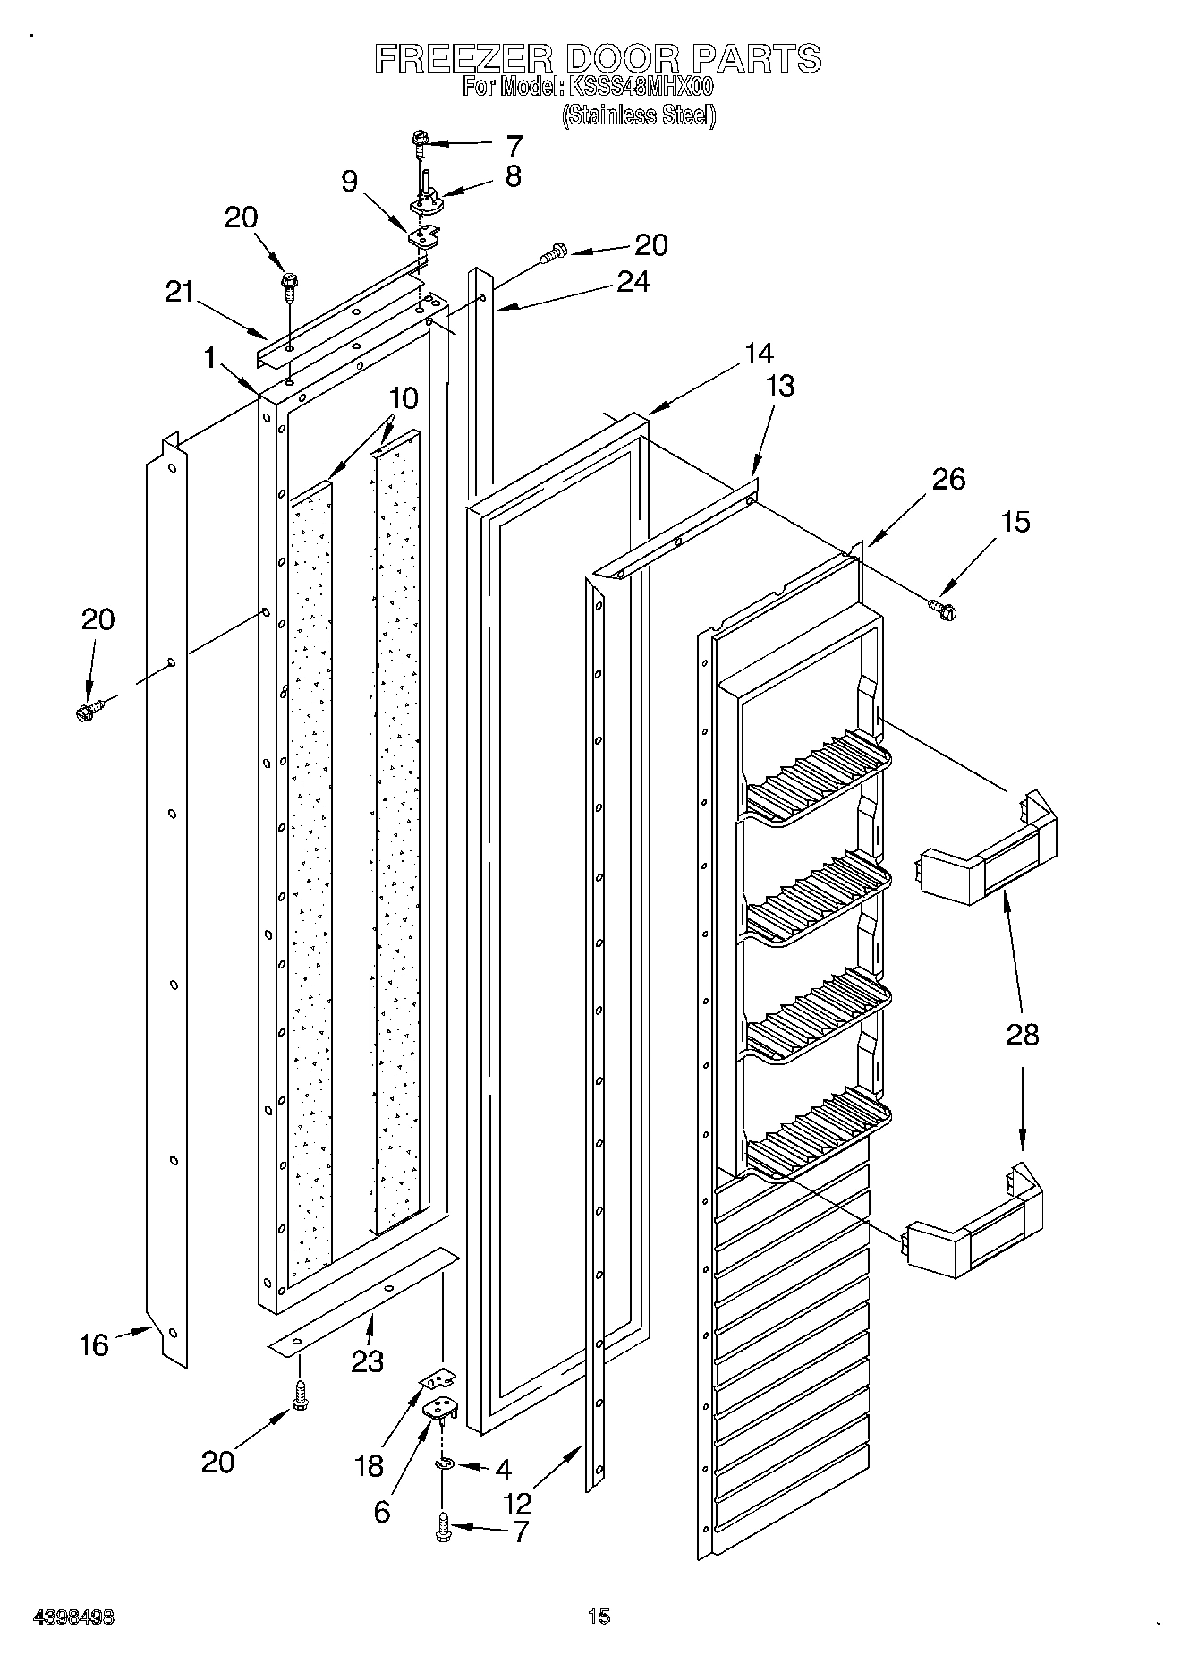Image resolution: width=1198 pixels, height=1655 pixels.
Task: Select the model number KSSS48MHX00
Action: (x=638, y=88)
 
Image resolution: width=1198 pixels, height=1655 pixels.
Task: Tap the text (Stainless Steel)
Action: (x=639, y=115)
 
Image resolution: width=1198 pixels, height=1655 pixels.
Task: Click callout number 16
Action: (x=94, y=1345)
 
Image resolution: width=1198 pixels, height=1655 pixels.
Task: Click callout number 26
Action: (x=949, y=479)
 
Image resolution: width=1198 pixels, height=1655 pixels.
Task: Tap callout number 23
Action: (x=367, y=1361)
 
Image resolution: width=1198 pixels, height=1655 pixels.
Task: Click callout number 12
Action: (x=518, y=1503)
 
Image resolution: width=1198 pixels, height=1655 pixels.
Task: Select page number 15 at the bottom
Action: (x=599, y=1616)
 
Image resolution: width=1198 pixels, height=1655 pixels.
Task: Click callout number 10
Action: (x=404, y=399)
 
